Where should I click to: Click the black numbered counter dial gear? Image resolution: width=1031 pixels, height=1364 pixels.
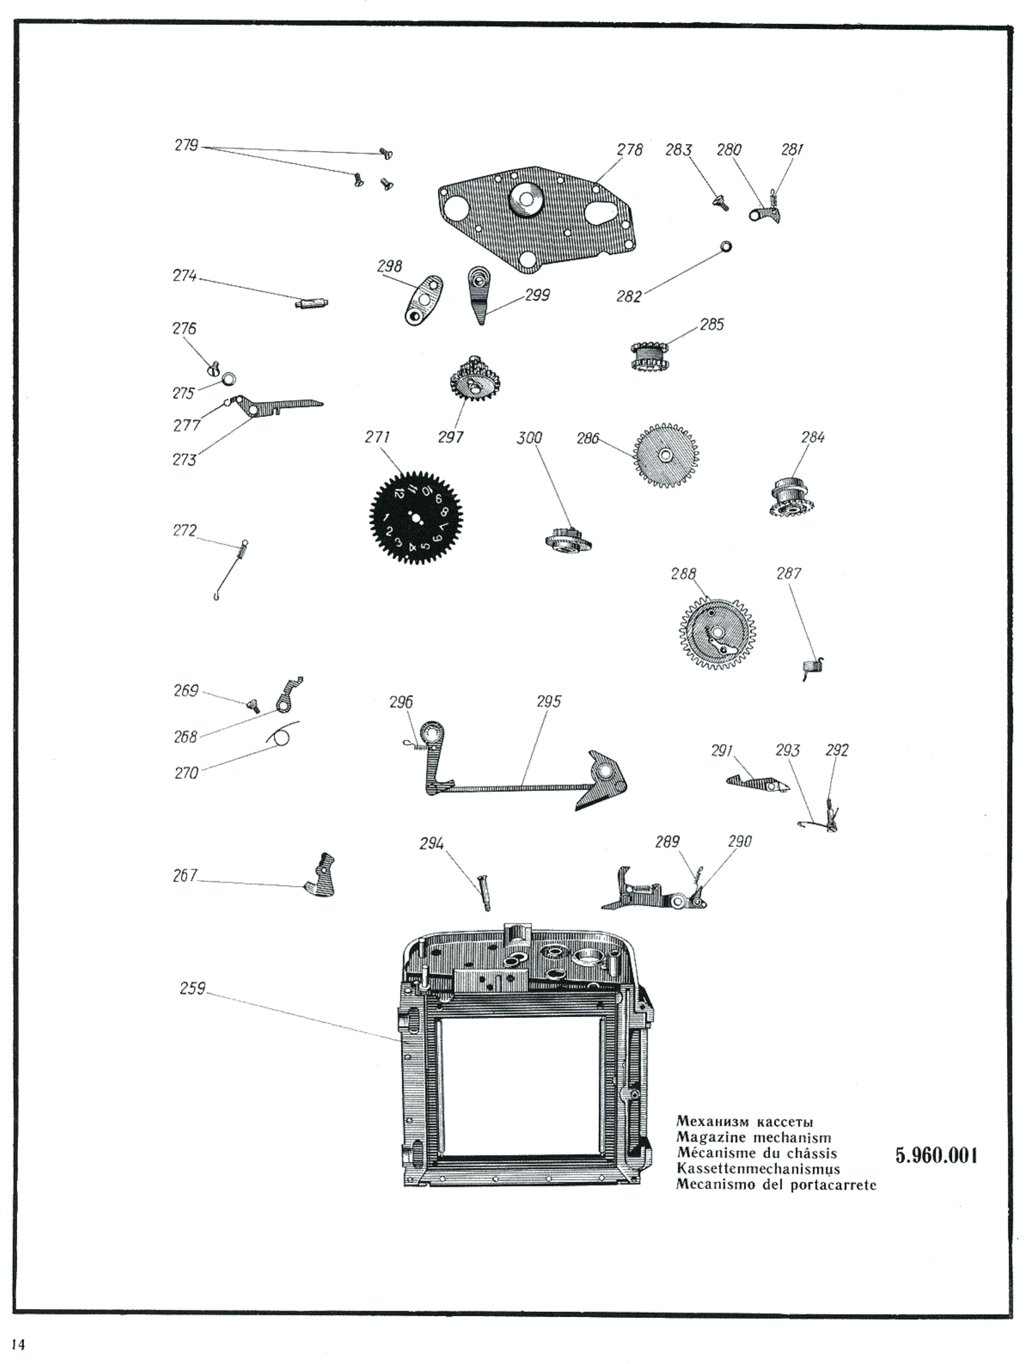point(415,517)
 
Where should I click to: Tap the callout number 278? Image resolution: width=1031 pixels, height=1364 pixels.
point(629,150)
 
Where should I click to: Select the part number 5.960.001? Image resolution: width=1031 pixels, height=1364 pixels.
point(936,1155)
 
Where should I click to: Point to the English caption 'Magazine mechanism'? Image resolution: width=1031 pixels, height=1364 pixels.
point(753,1138)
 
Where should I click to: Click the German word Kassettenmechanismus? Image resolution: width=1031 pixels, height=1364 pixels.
point(757,1168)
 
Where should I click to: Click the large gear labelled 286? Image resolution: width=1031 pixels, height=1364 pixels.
point(665,455)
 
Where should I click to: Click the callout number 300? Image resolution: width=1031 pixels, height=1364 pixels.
point(529,438)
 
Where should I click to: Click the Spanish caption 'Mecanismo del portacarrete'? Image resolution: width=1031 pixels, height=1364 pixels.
point(776,1184)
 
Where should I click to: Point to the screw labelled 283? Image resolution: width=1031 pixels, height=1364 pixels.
point(720,202)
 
